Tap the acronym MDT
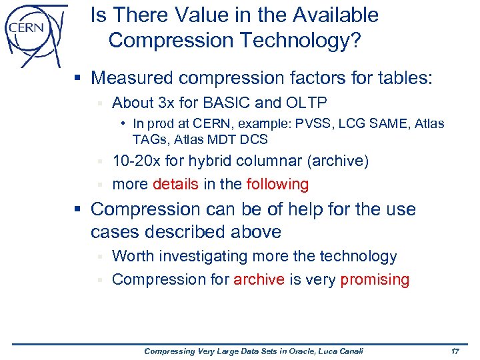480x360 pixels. (x=225, y=139)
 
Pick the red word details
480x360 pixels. (x=175, y=184)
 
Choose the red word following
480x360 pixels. (x=277, y=184)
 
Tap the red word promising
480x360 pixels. (x=375, y=279)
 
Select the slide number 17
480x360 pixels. (x=456, y=351)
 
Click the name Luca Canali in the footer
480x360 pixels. (x=340, y=351)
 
